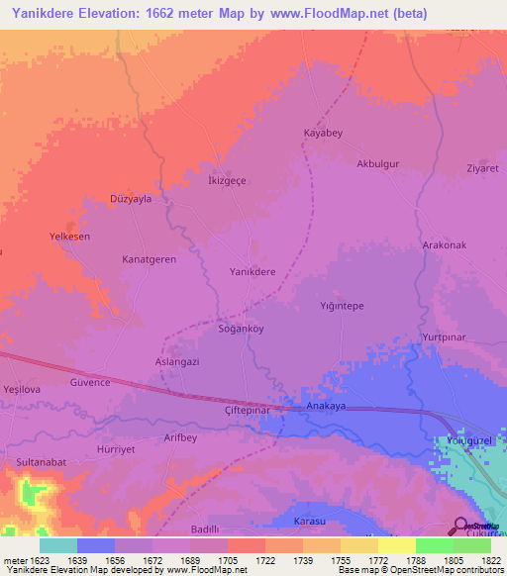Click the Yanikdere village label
coord(253,271)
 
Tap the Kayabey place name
coord(323,133)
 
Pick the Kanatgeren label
coord(149,259)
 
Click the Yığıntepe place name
coord(343,306)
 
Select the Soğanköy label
coord(241,328)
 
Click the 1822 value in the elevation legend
coord(478,559)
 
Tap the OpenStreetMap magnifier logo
coord(460,526)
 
